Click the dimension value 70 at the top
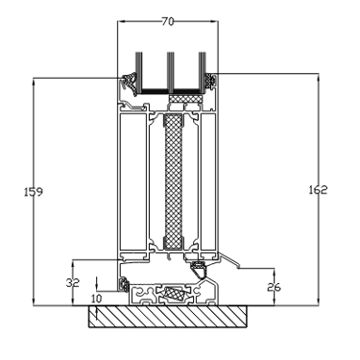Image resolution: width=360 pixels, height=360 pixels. coord(168,21)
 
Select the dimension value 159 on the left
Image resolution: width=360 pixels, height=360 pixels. coord(34,192)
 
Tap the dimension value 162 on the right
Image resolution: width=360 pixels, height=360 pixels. coord(318,190)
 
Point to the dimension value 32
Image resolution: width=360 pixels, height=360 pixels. coord(73,283)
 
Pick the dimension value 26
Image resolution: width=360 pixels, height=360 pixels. coord(274,287)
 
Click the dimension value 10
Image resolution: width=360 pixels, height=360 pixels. coord(96,299)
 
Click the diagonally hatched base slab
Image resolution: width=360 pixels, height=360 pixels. coord(168,317)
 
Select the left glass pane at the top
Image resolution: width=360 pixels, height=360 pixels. coord(139,71)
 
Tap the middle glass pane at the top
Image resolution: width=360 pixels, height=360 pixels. coord(171,71)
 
